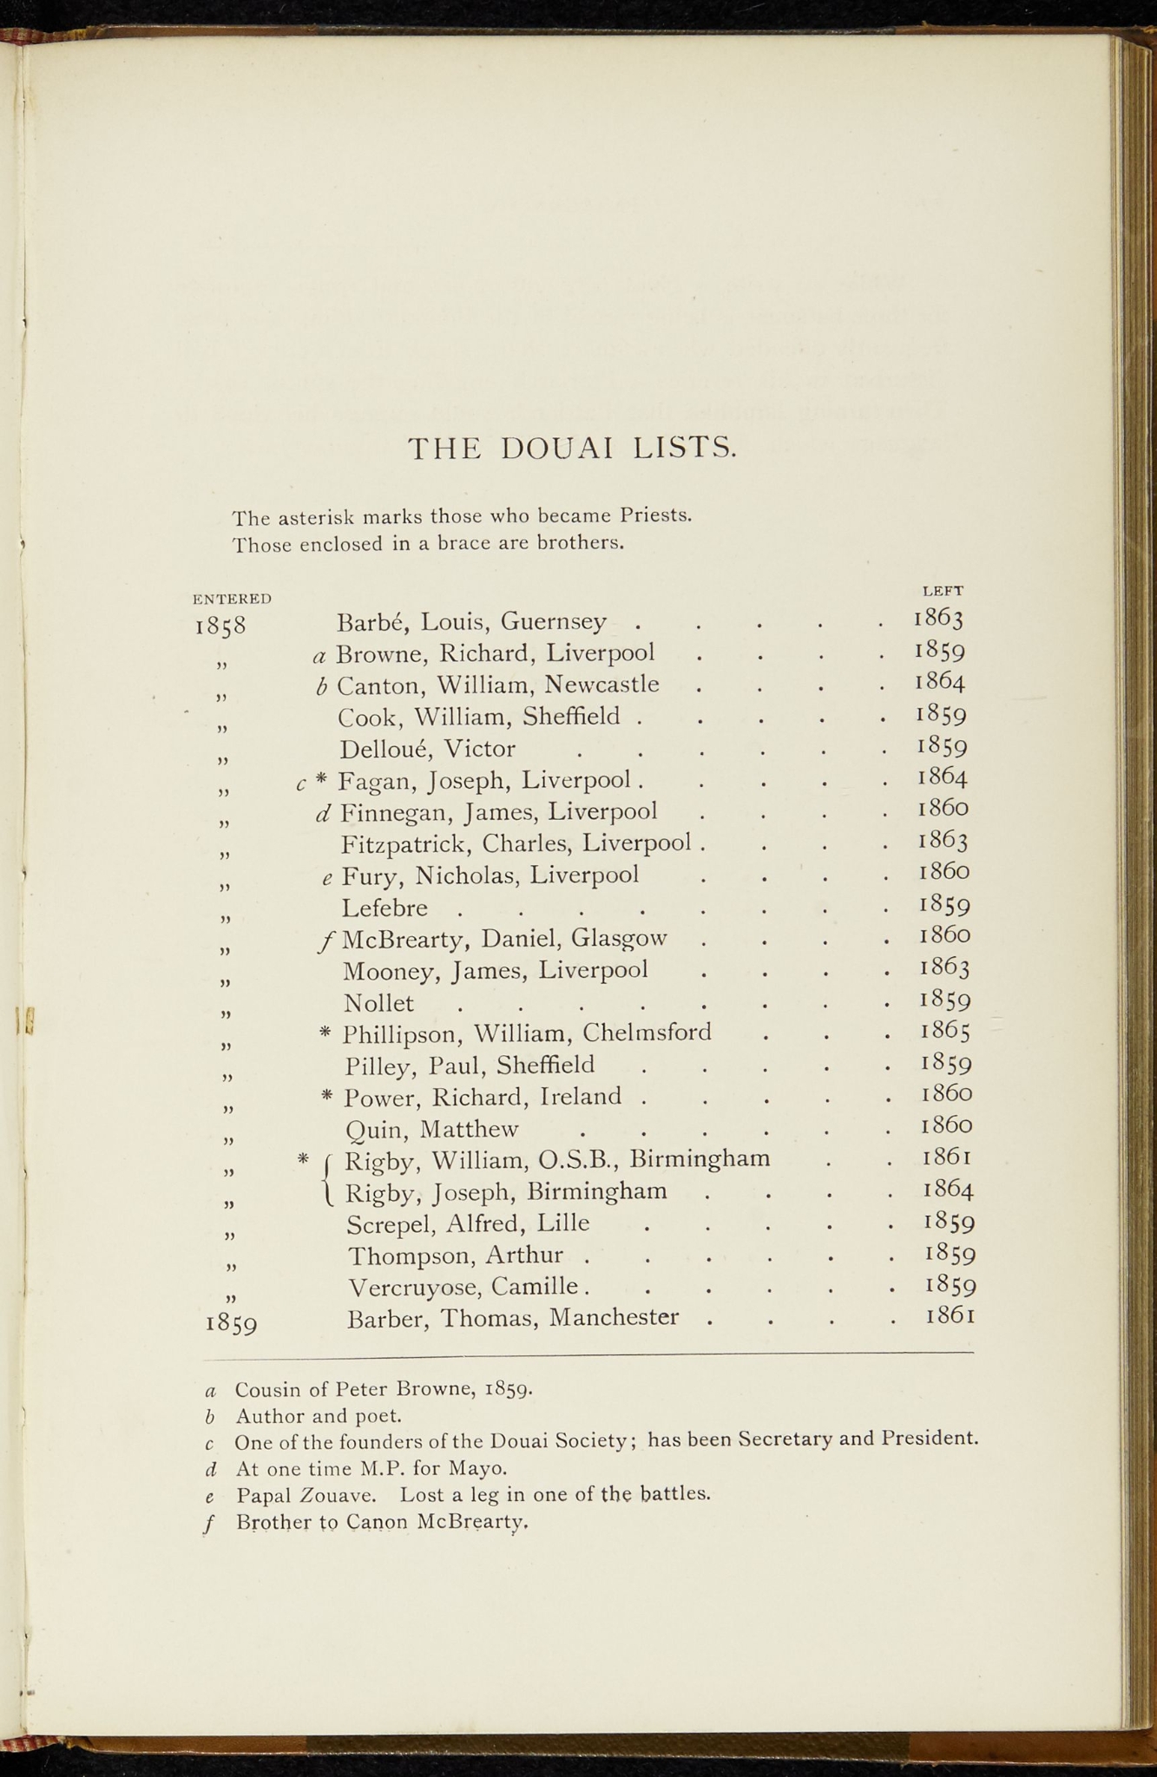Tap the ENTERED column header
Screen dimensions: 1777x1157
pyautogui.click(x=232, y=599)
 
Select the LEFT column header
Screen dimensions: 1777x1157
pyautogui.click(x=943, y=591)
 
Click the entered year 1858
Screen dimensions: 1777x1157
pyautogui.click(x=221, y=626)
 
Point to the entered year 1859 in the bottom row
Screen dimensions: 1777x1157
pyautogui.click(x=231, y=1324)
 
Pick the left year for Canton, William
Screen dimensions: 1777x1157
pyautogui.click(x=941, y=681)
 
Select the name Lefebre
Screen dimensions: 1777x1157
pyautogui.click(x=385, y=908)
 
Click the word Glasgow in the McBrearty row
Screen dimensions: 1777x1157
pyautogui.click(x=620, y=938)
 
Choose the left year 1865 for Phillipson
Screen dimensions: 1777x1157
pyautogui.click(x=945, y=1031)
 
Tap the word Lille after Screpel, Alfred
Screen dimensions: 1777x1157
pyautogui.click(x=563, y=1223)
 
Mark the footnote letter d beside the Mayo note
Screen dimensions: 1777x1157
pyautogui.click(x=211, y=1468)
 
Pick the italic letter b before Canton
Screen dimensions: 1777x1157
pyautogui.click(x=321, y=686)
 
